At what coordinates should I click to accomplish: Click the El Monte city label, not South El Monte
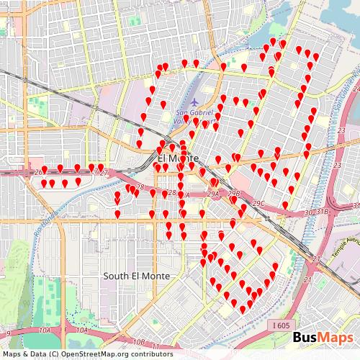tap(174, 158)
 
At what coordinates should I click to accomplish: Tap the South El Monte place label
tap(137, 276)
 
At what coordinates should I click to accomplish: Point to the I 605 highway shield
tap(282, 325)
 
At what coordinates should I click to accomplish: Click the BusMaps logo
tap(323, 338)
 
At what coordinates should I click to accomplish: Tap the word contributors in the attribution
tap(148, 354)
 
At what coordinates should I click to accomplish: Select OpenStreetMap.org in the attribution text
tap(91, 354)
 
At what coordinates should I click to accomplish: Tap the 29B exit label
tap(233, 194)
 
